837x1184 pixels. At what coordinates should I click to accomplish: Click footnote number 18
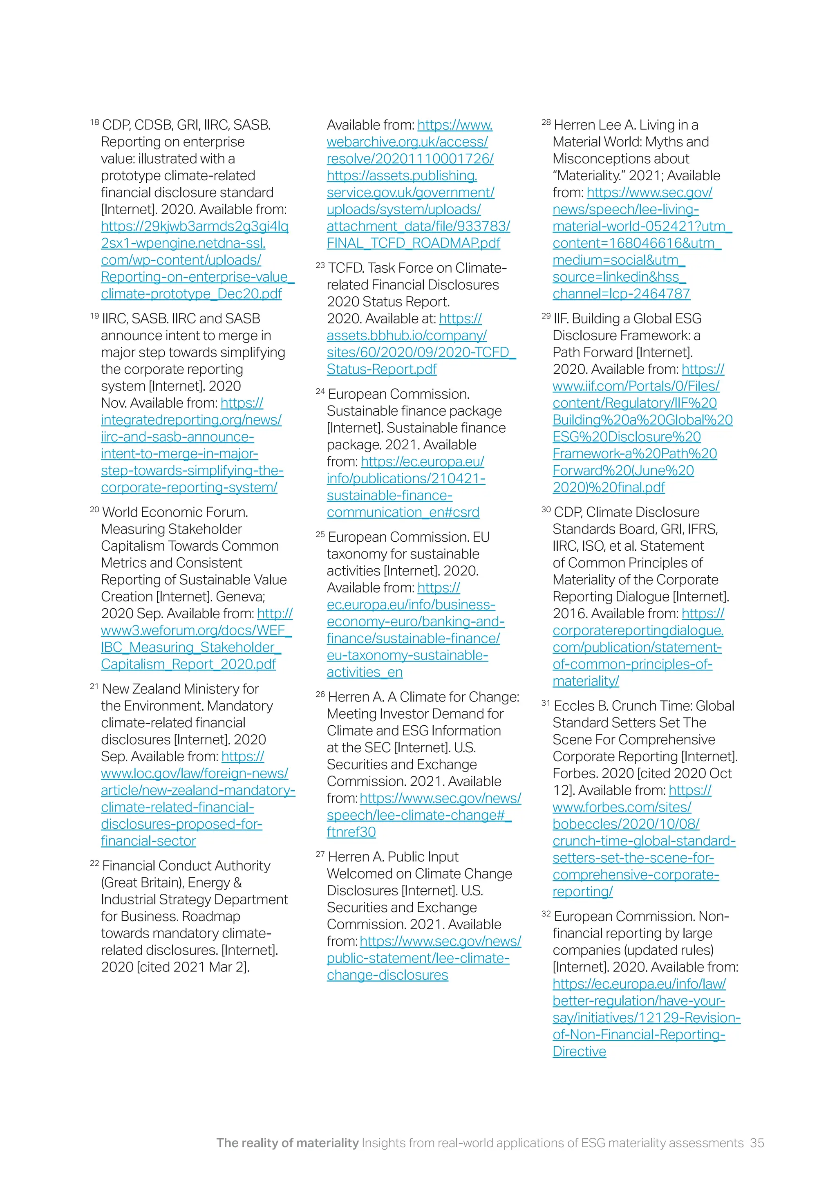coord(94,123)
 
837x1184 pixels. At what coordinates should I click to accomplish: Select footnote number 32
coord(546,914)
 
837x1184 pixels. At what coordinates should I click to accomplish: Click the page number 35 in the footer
coord(756,1143)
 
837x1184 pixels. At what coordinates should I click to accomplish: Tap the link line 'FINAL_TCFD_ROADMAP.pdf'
coord(413,243)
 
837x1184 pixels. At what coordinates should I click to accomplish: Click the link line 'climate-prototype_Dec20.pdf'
coord(191,294)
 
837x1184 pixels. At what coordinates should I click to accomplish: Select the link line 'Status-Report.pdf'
coord(381,369)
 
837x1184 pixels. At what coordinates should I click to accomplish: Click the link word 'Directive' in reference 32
coord(579,1051)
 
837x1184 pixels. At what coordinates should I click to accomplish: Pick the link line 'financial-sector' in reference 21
coord(148,841)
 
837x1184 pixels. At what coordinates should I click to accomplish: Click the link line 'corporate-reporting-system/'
coord(189,487)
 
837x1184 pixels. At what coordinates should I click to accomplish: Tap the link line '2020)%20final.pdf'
coord(608,487)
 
